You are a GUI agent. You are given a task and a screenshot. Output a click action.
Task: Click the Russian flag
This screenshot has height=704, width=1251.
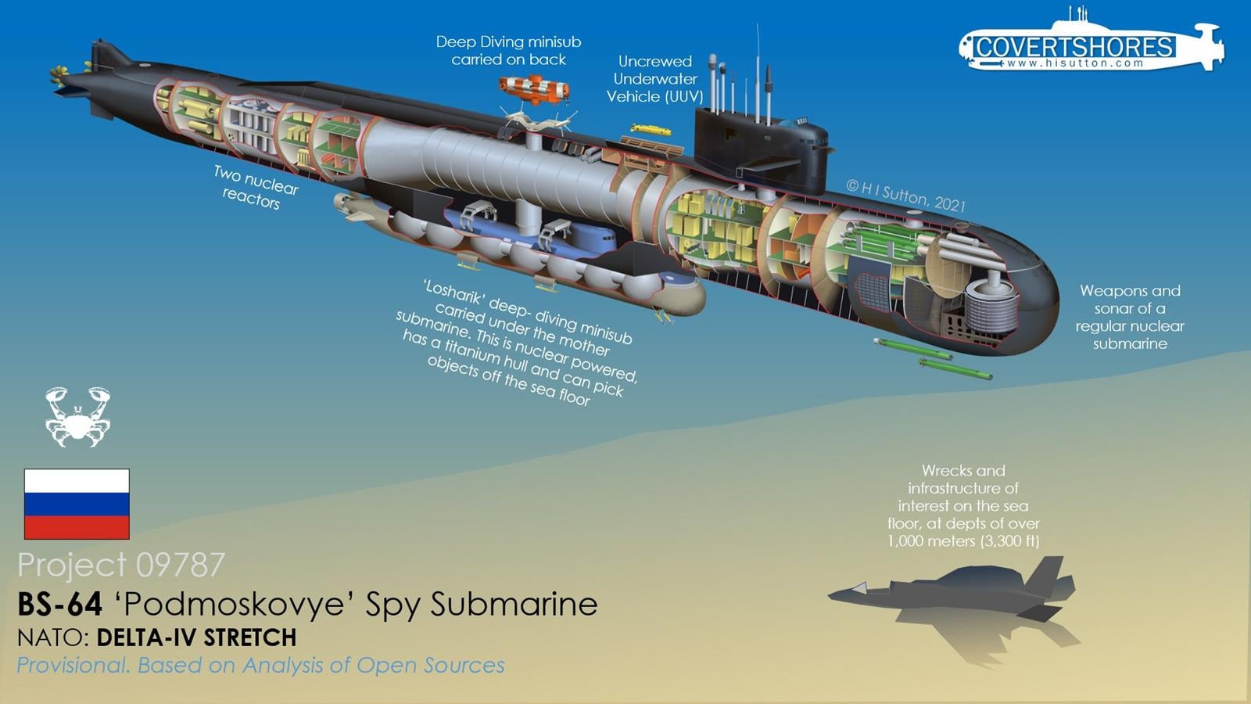click(x=77, y=504)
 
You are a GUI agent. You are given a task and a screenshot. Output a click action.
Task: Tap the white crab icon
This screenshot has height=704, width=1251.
click(x=77, y=416)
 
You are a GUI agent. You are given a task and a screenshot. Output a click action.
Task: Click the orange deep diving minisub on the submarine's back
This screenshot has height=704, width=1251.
click(x=534, y=88)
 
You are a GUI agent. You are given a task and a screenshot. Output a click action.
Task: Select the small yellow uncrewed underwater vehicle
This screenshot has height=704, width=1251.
click(x=651, y=129)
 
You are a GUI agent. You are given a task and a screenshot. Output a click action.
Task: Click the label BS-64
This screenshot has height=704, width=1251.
click(x=59, y=604)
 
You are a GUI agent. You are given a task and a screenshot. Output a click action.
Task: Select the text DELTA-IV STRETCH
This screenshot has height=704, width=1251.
click(x=196, y=638)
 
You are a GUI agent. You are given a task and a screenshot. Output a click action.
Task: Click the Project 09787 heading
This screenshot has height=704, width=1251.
click(x=121, y=564)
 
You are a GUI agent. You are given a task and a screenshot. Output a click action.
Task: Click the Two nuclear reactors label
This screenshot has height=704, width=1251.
click(x=255, y=186)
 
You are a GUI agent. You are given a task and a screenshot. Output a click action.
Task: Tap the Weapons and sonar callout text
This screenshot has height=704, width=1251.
click(x=1129, y=317)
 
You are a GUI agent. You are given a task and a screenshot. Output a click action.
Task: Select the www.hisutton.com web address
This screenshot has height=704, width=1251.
click(x=1075, y=63)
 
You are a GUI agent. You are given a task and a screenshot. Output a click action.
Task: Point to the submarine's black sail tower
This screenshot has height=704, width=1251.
click(x=758, y=149)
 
